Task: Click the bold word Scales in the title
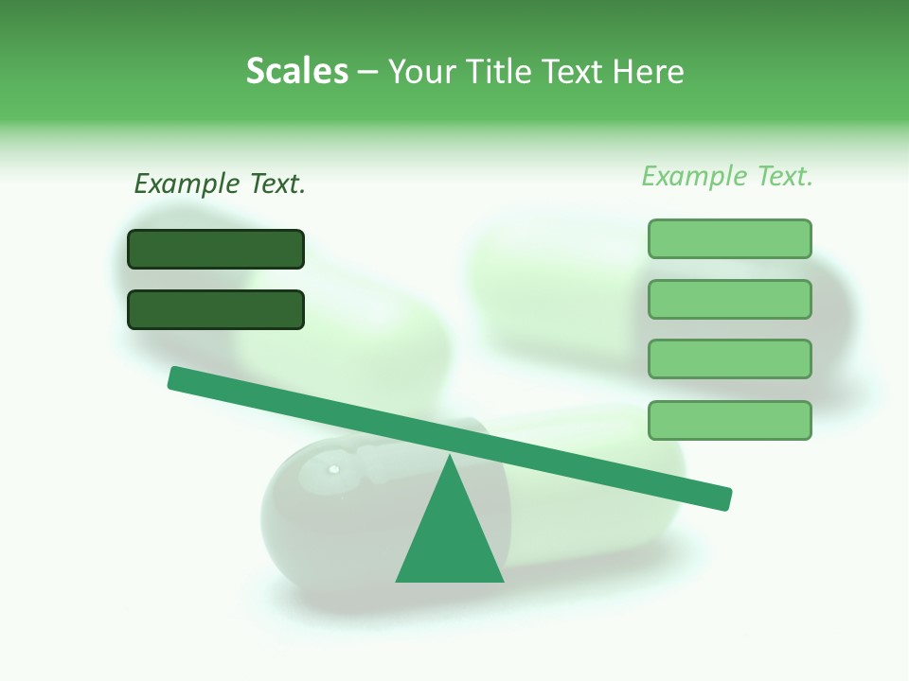[x=296, y=71]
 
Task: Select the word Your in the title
[x=419, y=71]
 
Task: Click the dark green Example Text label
[x=220, y=183]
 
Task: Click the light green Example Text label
[x=727, y=176]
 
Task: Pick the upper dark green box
[x=216, y=249]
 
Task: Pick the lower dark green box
[x=216, y=309]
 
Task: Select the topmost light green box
[x=729, y=238]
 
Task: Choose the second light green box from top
[x=729, y=299]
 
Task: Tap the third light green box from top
[x=729, y=358]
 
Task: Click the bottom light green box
[x=729, y=420]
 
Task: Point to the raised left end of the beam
[x=175, y=377]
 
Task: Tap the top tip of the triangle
[x=450, y=457]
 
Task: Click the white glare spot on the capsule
[x=333, y=469]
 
